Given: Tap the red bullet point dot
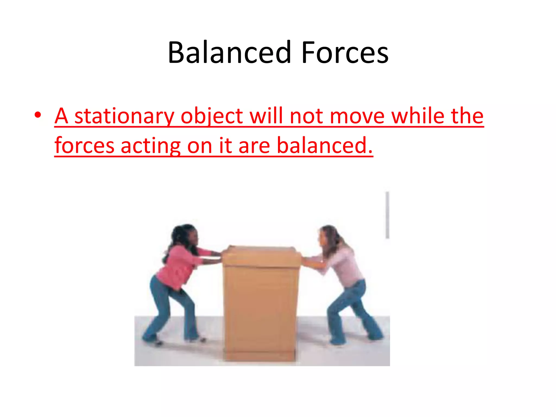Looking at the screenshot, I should click(x=38, y=115).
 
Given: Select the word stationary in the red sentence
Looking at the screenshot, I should click(x=124, y=116).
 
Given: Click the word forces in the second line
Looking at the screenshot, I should click(x=84, y=146).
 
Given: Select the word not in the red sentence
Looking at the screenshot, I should click(x=306, y=116).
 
